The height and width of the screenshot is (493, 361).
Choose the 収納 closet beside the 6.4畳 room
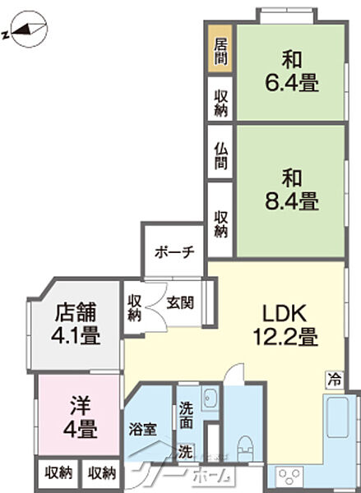coord(221,102)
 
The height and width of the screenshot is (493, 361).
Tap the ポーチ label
coord(174,251)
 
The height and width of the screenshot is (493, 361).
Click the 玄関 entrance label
coord(180,302)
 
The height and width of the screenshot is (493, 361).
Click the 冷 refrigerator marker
coord(334,380)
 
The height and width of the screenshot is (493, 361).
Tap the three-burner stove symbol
coord(291,477)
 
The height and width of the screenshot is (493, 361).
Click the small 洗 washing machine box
coord(187,451)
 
